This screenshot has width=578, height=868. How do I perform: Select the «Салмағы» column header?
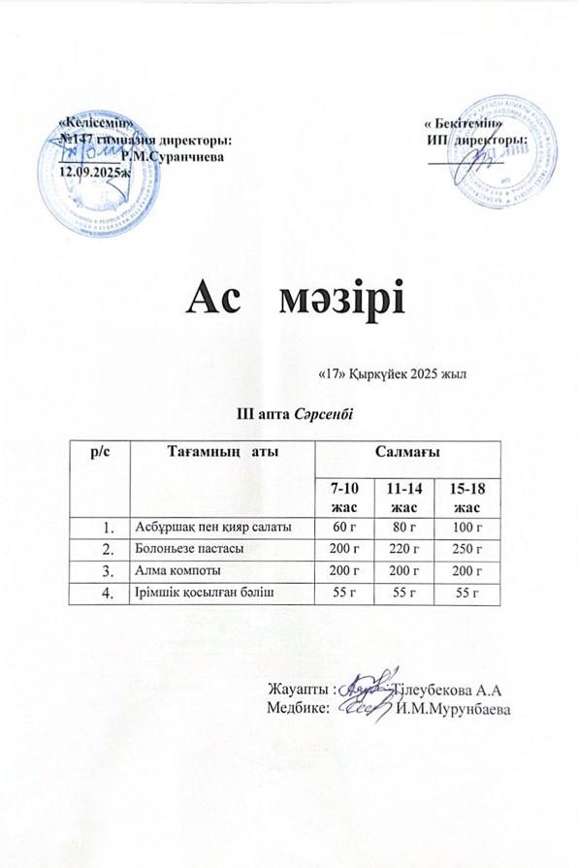[408, 453]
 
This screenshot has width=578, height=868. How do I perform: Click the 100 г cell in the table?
[469, 528]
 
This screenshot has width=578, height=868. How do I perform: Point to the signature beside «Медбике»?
[369, 707]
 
